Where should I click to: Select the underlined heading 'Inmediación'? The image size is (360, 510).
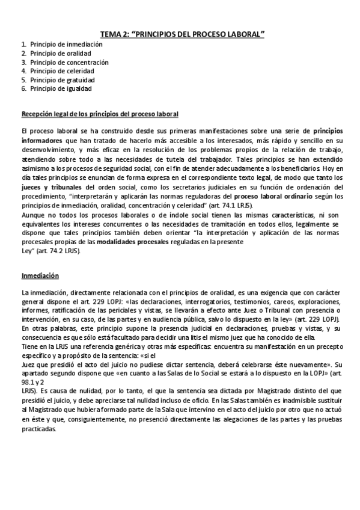(x=40, y=275)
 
